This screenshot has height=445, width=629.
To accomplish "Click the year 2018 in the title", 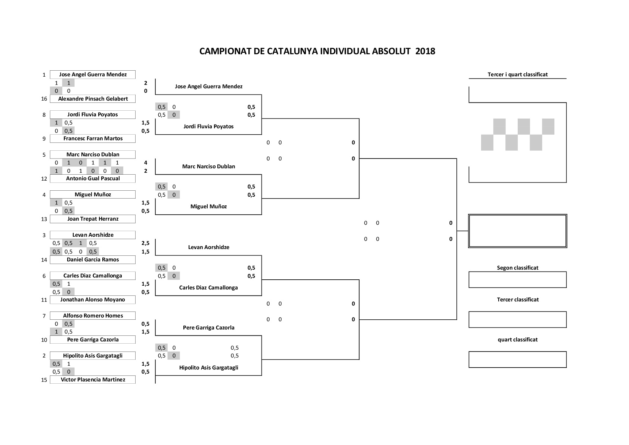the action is pos(425,51).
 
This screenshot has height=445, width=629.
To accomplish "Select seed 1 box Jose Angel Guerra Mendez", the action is pos(93,74).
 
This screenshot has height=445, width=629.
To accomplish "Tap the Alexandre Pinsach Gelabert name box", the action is pos(93,99).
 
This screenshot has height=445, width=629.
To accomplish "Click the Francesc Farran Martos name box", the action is pos(93,139).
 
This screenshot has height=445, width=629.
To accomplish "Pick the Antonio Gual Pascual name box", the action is pos(93,178).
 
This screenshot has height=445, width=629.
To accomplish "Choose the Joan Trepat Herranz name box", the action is pos(93,219).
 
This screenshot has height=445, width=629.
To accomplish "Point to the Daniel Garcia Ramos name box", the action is pos(93,260).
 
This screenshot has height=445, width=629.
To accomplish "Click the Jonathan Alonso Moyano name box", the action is pos(93,300).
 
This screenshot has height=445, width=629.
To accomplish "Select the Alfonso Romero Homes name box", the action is pos(93,316).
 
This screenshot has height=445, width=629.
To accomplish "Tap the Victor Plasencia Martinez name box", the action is pos(93,380).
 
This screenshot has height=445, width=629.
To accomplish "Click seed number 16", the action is pos(44,99).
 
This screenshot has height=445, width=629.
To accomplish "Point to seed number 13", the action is pos(44,219).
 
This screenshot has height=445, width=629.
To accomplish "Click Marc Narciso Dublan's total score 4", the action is pos(145,163).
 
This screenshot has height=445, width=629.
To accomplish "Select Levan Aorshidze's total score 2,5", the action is pos(145,243).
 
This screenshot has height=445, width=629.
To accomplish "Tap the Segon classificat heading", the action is pos(518,268).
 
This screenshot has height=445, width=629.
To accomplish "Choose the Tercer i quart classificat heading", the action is pos(518,74).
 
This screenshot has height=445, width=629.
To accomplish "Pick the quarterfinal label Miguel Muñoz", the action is pos(208,207).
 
